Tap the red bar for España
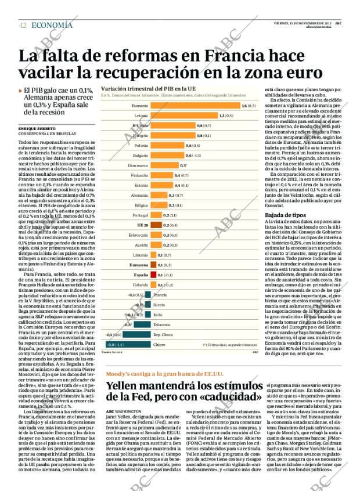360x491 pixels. point(153,274)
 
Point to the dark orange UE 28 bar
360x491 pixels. point(156,224)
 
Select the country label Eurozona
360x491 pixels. point(138,264)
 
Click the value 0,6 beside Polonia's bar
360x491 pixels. point(188,145)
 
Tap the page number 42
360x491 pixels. point(21,25)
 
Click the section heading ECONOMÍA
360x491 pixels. point(52,25)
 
